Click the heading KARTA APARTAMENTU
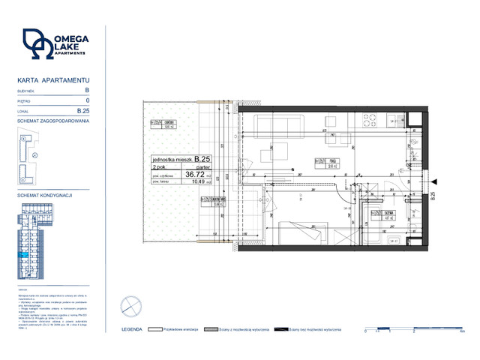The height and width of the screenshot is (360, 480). tap(52, 79)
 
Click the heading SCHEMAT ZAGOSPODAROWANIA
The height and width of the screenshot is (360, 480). tap(52, 120)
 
